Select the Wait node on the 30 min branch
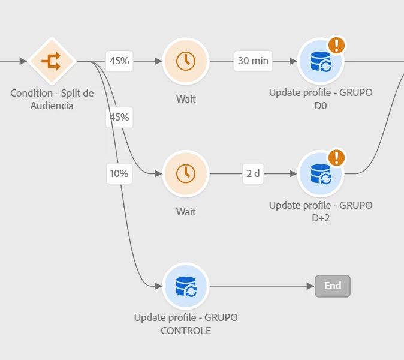point(186,61)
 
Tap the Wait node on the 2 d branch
point(186,173)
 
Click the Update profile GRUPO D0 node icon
point(320,61)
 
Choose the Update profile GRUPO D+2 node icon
point(320,173)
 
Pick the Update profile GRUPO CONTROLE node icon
point(186,286)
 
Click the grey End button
point(333,286)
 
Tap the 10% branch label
point(119,173)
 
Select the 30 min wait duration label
point(253,61)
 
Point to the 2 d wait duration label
point(253,173)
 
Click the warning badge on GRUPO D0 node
point(337,45)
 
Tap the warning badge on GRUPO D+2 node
point(337,158)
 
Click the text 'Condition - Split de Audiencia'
point(52,100)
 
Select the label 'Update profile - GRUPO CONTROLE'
point(186,323)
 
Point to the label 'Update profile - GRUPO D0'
point(320,99)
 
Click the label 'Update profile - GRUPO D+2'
point(320,211)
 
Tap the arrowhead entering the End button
point(310,286)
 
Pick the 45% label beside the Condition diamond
point(119,61)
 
